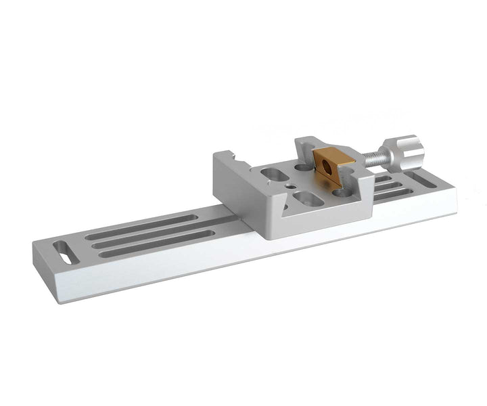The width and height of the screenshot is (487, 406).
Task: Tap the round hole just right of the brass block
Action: (x=345, y=192)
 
